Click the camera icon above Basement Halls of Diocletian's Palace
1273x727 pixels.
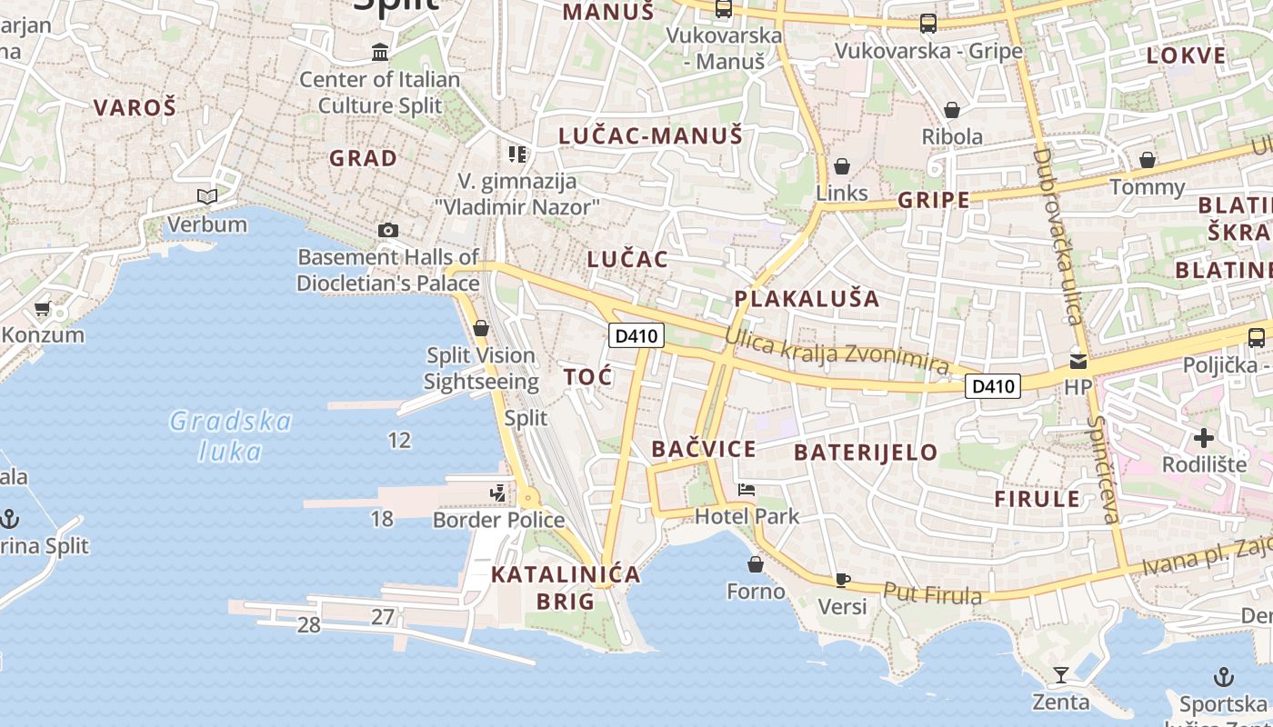pos(388,231)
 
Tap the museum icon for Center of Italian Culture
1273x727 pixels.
pos(380,53)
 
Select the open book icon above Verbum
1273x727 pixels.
pos(207,196)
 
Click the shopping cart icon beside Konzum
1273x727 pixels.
pos(42,309)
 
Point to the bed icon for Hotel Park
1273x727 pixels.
pos(747,490)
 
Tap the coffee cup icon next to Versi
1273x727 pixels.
pos(843,580)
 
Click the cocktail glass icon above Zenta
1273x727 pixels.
pos(1060,675)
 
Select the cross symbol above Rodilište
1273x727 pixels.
pos(1204,438)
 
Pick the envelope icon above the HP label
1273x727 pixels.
pos(1078,361)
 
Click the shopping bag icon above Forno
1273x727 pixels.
pos(756,565)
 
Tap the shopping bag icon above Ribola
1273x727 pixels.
pos(952,111)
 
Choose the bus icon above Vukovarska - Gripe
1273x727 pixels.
pos(928,24)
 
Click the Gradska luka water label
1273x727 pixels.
pos(231,436)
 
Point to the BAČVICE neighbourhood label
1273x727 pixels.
pos(704,449)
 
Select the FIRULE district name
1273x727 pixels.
pos(1037,499)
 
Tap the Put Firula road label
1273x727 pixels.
pos(933,593)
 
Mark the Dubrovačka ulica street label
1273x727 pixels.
pos(1057,236)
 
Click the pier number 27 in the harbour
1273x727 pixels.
pos(383,618)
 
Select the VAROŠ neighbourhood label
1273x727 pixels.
pos(135,107)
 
